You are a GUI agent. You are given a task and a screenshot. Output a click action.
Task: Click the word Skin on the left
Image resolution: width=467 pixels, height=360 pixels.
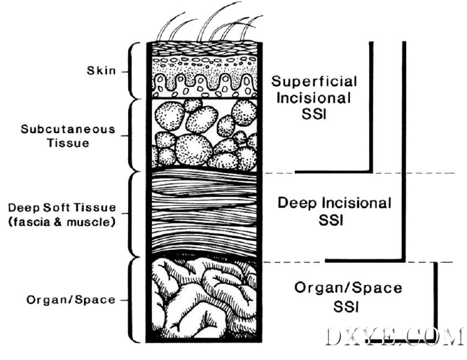[x=102, y=70]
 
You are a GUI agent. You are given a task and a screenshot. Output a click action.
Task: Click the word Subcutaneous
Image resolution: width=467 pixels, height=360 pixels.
[x=68, y=130]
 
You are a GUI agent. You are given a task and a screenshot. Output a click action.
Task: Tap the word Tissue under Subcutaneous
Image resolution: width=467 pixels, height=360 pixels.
[x=68, y=143]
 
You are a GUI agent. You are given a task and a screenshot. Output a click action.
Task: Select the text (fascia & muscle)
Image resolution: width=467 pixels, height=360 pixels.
[x=62, y=222]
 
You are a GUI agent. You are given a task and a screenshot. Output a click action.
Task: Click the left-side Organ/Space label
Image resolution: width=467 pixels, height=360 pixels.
[x=71, y=300]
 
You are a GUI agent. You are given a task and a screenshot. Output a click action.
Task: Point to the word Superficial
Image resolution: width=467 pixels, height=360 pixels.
[x=314, y=81]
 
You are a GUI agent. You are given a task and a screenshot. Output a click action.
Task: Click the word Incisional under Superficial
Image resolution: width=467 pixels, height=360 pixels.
[x=314, y=98]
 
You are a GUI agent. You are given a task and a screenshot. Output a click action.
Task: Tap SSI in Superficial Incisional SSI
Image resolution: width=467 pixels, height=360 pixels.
[x=314, y=114]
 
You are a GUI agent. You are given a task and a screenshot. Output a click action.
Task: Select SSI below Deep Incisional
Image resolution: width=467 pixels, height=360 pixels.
[x=331, y=221]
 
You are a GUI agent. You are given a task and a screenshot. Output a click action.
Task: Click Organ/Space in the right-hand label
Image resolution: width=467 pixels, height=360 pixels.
[x=348, y=288]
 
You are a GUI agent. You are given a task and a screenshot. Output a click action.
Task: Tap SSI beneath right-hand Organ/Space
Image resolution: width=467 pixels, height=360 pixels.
[x=346, y=306]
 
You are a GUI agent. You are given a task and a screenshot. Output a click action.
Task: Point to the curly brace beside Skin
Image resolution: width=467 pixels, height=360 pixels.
[x=130, y=71]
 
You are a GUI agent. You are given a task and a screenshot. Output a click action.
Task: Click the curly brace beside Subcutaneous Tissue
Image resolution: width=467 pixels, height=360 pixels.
[x=130, y=136]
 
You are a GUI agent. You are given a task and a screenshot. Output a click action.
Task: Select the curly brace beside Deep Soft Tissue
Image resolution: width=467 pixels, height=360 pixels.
[x=130, y=214]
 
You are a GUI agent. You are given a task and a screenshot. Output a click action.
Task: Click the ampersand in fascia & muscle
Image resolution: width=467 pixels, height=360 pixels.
[x=58, y=222]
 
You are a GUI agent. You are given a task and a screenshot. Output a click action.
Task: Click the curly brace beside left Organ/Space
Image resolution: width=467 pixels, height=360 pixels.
[x=130, y=300]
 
